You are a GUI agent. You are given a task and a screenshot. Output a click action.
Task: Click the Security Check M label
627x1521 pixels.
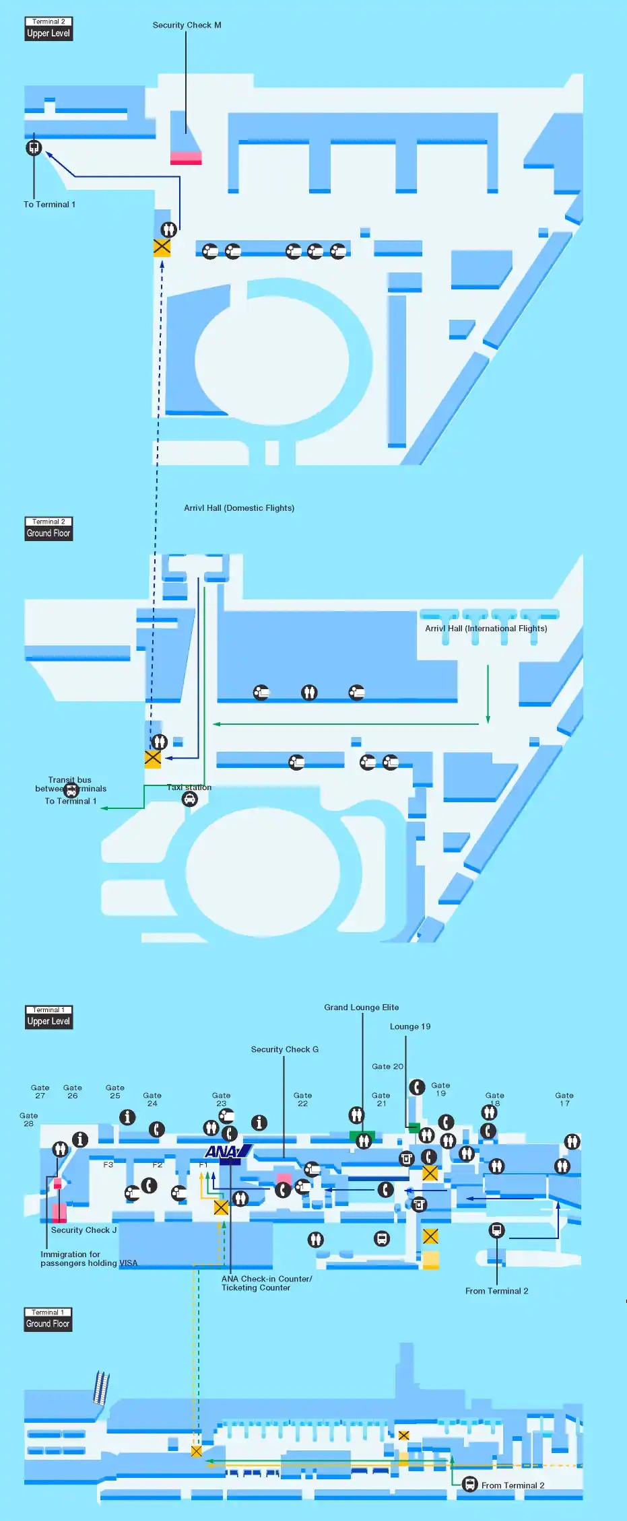(187, 26)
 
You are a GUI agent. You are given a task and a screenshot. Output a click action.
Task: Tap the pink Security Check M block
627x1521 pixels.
(186, 158)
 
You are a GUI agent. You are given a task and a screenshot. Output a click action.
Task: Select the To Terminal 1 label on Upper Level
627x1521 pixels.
(49, 205)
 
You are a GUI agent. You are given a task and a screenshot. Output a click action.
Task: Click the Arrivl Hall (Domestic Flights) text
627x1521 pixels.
(239, 508)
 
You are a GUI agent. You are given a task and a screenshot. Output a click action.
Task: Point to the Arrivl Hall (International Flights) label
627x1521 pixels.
(486, 629)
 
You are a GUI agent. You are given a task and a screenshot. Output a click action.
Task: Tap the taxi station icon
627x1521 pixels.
(190, 799)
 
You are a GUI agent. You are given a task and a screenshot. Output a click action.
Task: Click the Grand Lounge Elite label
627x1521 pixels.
(361, 1007)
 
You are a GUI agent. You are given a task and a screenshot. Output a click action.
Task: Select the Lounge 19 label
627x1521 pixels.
(409, 1026)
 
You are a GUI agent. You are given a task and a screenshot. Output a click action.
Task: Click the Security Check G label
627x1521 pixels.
(284, 1049)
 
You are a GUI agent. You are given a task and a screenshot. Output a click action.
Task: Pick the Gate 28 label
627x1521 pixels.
(28, 1119)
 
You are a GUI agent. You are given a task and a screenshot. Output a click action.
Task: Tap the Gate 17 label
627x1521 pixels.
(564, 1099)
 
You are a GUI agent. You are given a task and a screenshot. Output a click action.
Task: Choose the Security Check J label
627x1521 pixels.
(84, 1230)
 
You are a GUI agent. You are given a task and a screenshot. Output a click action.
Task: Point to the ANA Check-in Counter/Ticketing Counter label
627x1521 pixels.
(266, 1283)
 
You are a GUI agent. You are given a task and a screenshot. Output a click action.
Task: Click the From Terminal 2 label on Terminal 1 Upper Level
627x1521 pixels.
(496, 1291)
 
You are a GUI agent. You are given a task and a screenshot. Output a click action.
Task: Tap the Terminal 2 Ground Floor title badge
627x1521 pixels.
(48, 529)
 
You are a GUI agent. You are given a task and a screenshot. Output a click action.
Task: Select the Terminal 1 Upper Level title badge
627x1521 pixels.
(48, 1017)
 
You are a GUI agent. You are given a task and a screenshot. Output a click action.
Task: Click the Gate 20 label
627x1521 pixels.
(387, 1067)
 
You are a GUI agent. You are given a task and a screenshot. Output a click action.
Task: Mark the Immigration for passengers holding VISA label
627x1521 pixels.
(88, 1259)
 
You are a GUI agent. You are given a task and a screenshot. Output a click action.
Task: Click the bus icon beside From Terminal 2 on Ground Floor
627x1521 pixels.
(469, 1484)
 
